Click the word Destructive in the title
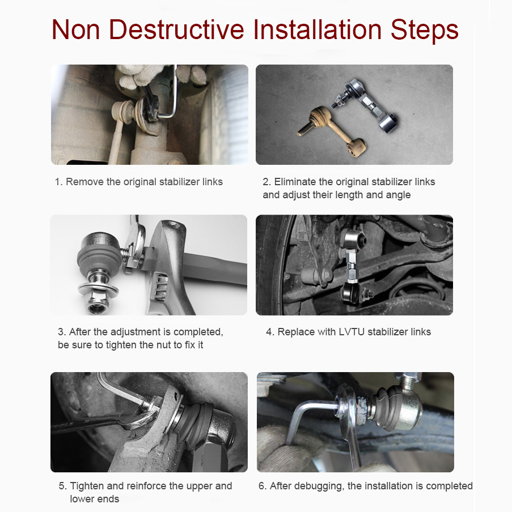(176, 29)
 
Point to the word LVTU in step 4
(352, 332)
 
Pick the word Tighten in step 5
(87, 486)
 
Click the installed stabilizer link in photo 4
(352, 265)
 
